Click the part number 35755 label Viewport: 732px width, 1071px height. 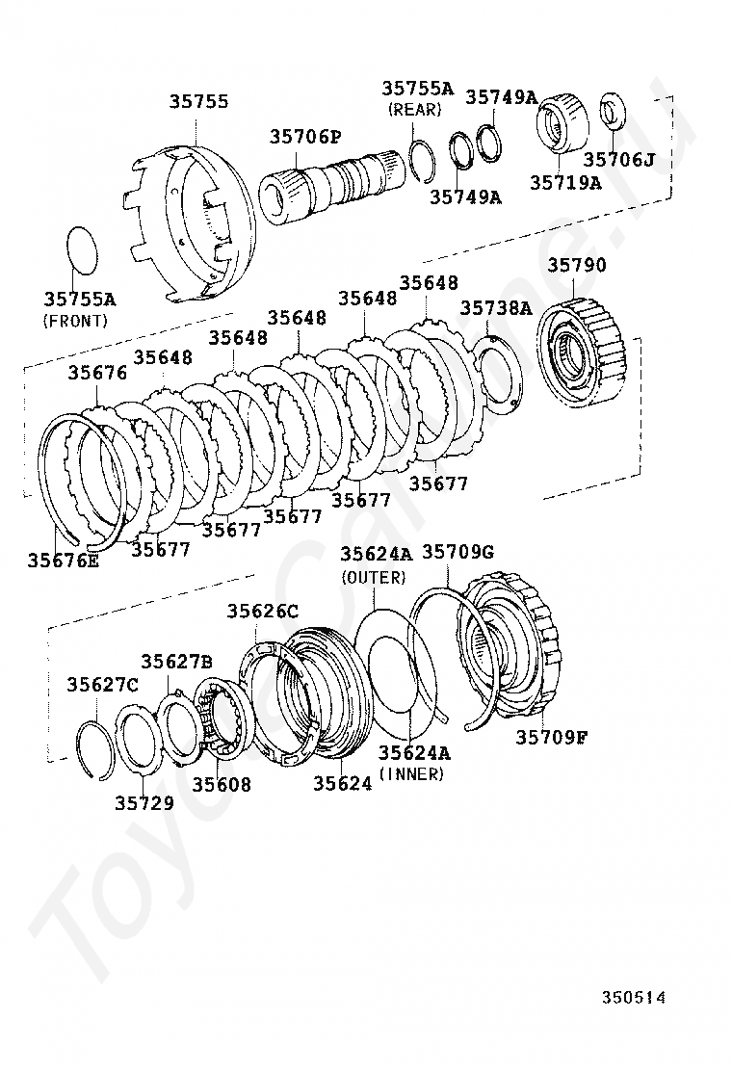[199, 100]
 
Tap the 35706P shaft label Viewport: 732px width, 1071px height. [304, 137]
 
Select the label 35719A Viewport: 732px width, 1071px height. [565, 182]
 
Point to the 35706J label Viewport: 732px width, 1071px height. [618, 159]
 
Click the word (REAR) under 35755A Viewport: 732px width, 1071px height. [414, 110]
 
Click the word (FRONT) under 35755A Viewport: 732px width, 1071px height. [76, 321]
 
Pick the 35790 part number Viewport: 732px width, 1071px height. [578, 264]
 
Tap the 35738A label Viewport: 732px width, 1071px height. [495, 307]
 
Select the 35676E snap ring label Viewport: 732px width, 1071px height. [63, 561]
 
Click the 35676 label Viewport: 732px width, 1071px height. [96, 372]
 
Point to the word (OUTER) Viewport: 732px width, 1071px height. [374, 577]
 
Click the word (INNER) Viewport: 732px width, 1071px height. [411, 773]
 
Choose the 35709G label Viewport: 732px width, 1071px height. [458, 552]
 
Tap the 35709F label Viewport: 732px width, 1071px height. [552, 737]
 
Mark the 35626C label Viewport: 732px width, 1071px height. [263, 611]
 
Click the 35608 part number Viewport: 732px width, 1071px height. [221, 784]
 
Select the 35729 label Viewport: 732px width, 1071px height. [144, 802]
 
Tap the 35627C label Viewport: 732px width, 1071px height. [102, 684]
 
